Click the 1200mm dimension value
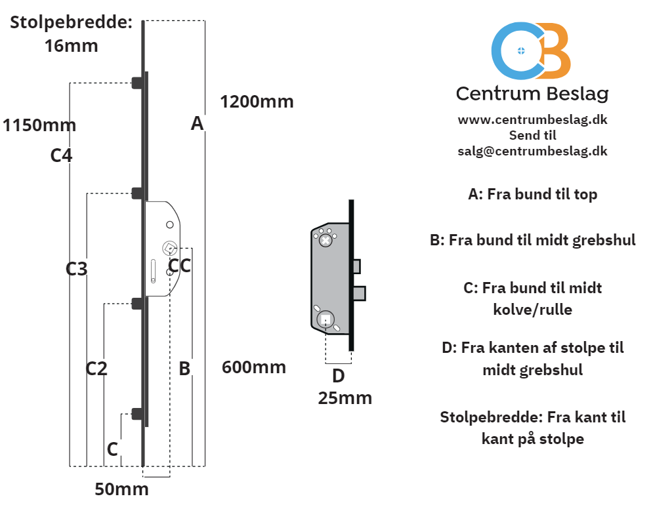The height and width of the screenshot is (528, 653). [x=257, y=102]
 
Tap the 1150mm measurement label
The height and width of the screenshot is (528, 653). [x=39, y=125]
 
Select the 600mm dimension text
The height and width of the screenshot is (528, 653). [x=254, y=367]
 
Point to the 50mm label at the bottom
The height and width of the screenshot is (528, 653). [x=121, y=489]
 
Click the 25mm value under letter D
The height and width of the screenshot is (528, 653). [x=345, y=398]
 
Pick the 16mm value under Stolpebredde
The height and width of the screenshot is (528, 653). [x=72, y=46]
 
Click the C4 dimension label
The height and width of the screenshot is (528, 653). [x=61, y=155]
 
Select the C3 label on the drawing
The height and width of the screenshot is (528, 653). [x=77, y=269]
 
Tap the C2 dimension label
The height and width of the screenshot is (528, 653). [x=96, y=369]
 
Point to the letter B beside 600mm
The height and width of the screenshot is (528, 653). [x=184, y=369]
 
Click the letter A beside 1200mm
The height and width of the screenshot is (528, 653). [x=198, y=123]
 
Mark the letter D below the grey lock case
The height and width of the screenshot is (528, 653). [x=339, y=376]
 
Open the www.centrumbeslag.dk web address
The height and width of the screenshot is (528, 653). [x=533, y=120]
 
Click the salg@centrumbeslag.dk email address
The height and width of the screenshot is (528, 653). [x=533, y=151]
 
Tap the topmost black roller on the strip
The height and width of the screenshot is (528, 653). [x=137, y=83]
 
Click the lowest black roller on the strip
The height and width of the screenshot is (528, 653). [x=137, y=414]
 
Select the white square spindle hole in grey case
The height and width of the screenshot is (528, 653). [x=326, y=319]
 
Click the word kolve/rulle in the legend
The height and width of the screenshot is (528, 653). [x=533, y=310]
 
